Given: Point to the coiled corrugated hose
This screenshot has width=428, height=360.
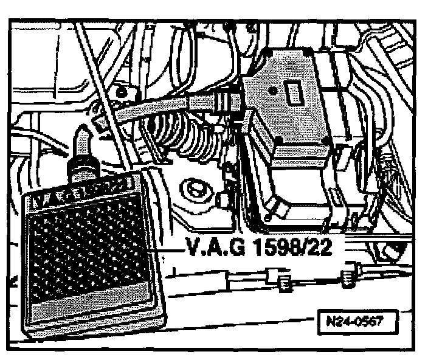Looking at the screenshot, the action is tap(188, 137).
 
